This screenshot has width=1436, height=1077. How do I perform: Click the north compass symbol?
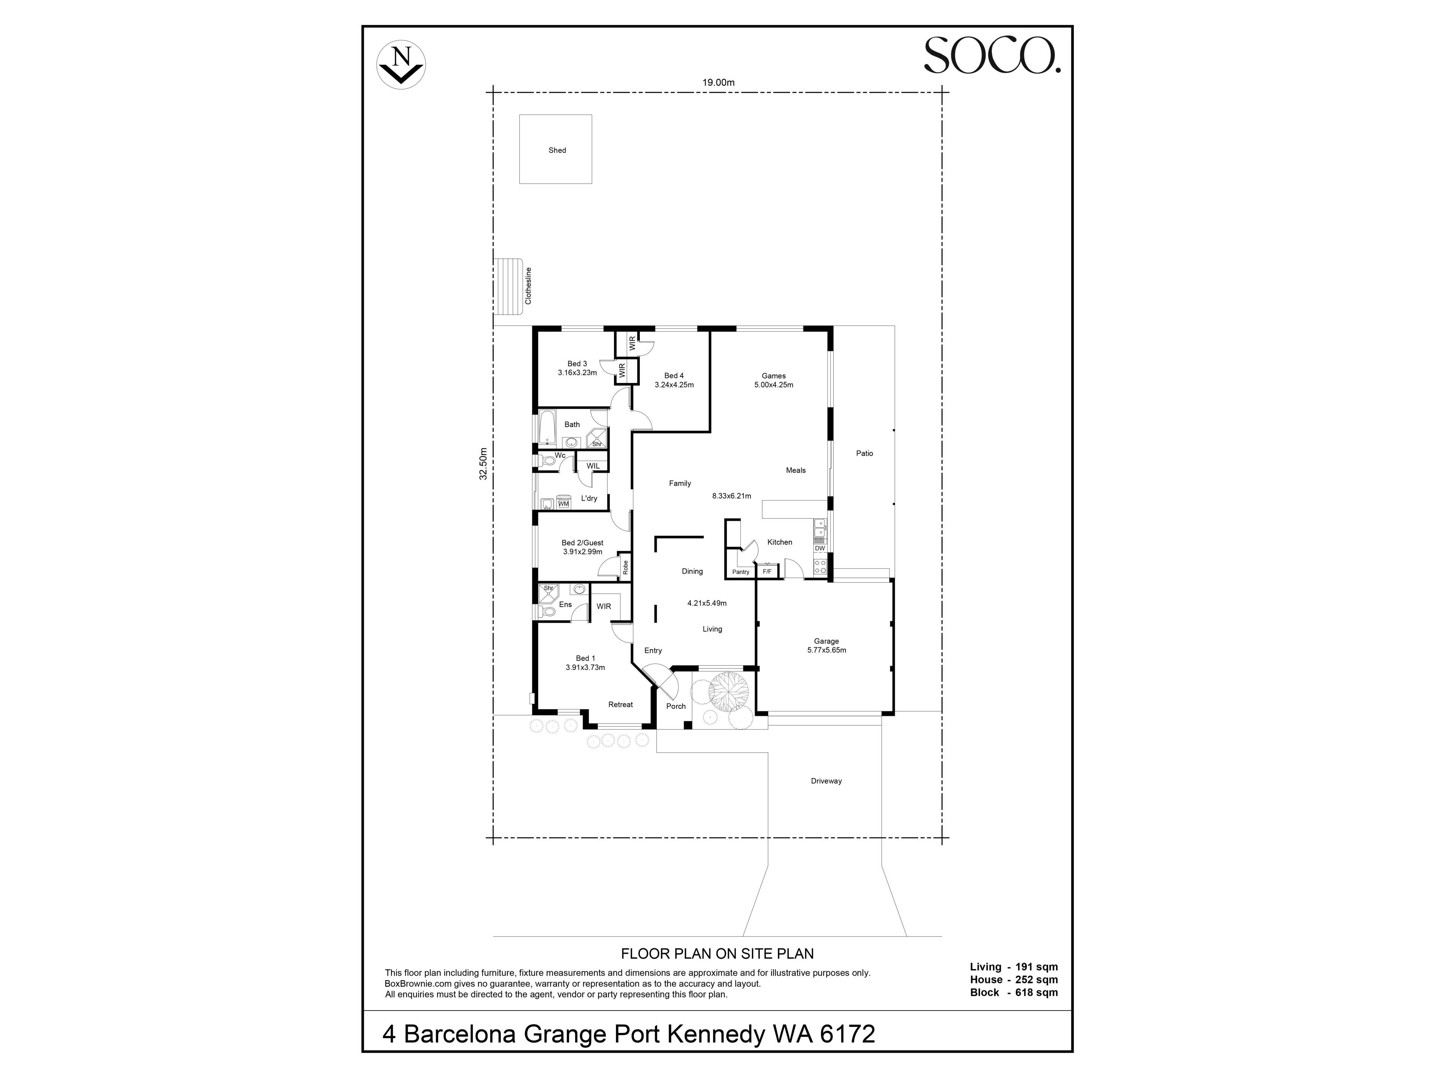coord(401,65)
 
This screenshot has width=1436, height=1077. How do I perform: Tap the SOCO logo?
coord(992,55)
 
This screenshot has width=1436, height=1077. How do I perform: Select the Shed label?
coord(557,150)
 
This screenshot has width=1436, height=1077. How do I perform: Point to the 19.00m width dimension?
coord(718,82)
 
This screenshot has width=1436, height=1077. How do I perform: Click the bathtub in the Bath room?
coord(547,427)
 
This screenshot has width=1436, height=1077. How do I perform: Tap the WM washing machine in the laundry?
coord(564,503)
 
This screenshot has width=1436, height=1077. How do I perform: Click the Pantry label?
coord(741,572)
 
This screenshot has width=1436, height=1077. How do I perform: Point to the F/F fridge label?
coord(767,572)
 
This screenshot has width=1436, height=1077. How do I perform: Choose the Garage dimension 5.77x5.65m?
coord(826,650)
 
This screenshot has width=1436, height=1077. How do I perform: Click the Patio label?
coord(865,453)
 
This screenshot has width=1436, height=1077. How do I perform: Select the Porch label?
coord(676,706)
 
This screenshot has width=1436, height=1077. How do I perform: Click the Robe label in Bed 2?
coord(625,567)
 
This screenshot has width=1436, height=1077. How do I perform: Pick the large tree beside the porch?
coord(729,693)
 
